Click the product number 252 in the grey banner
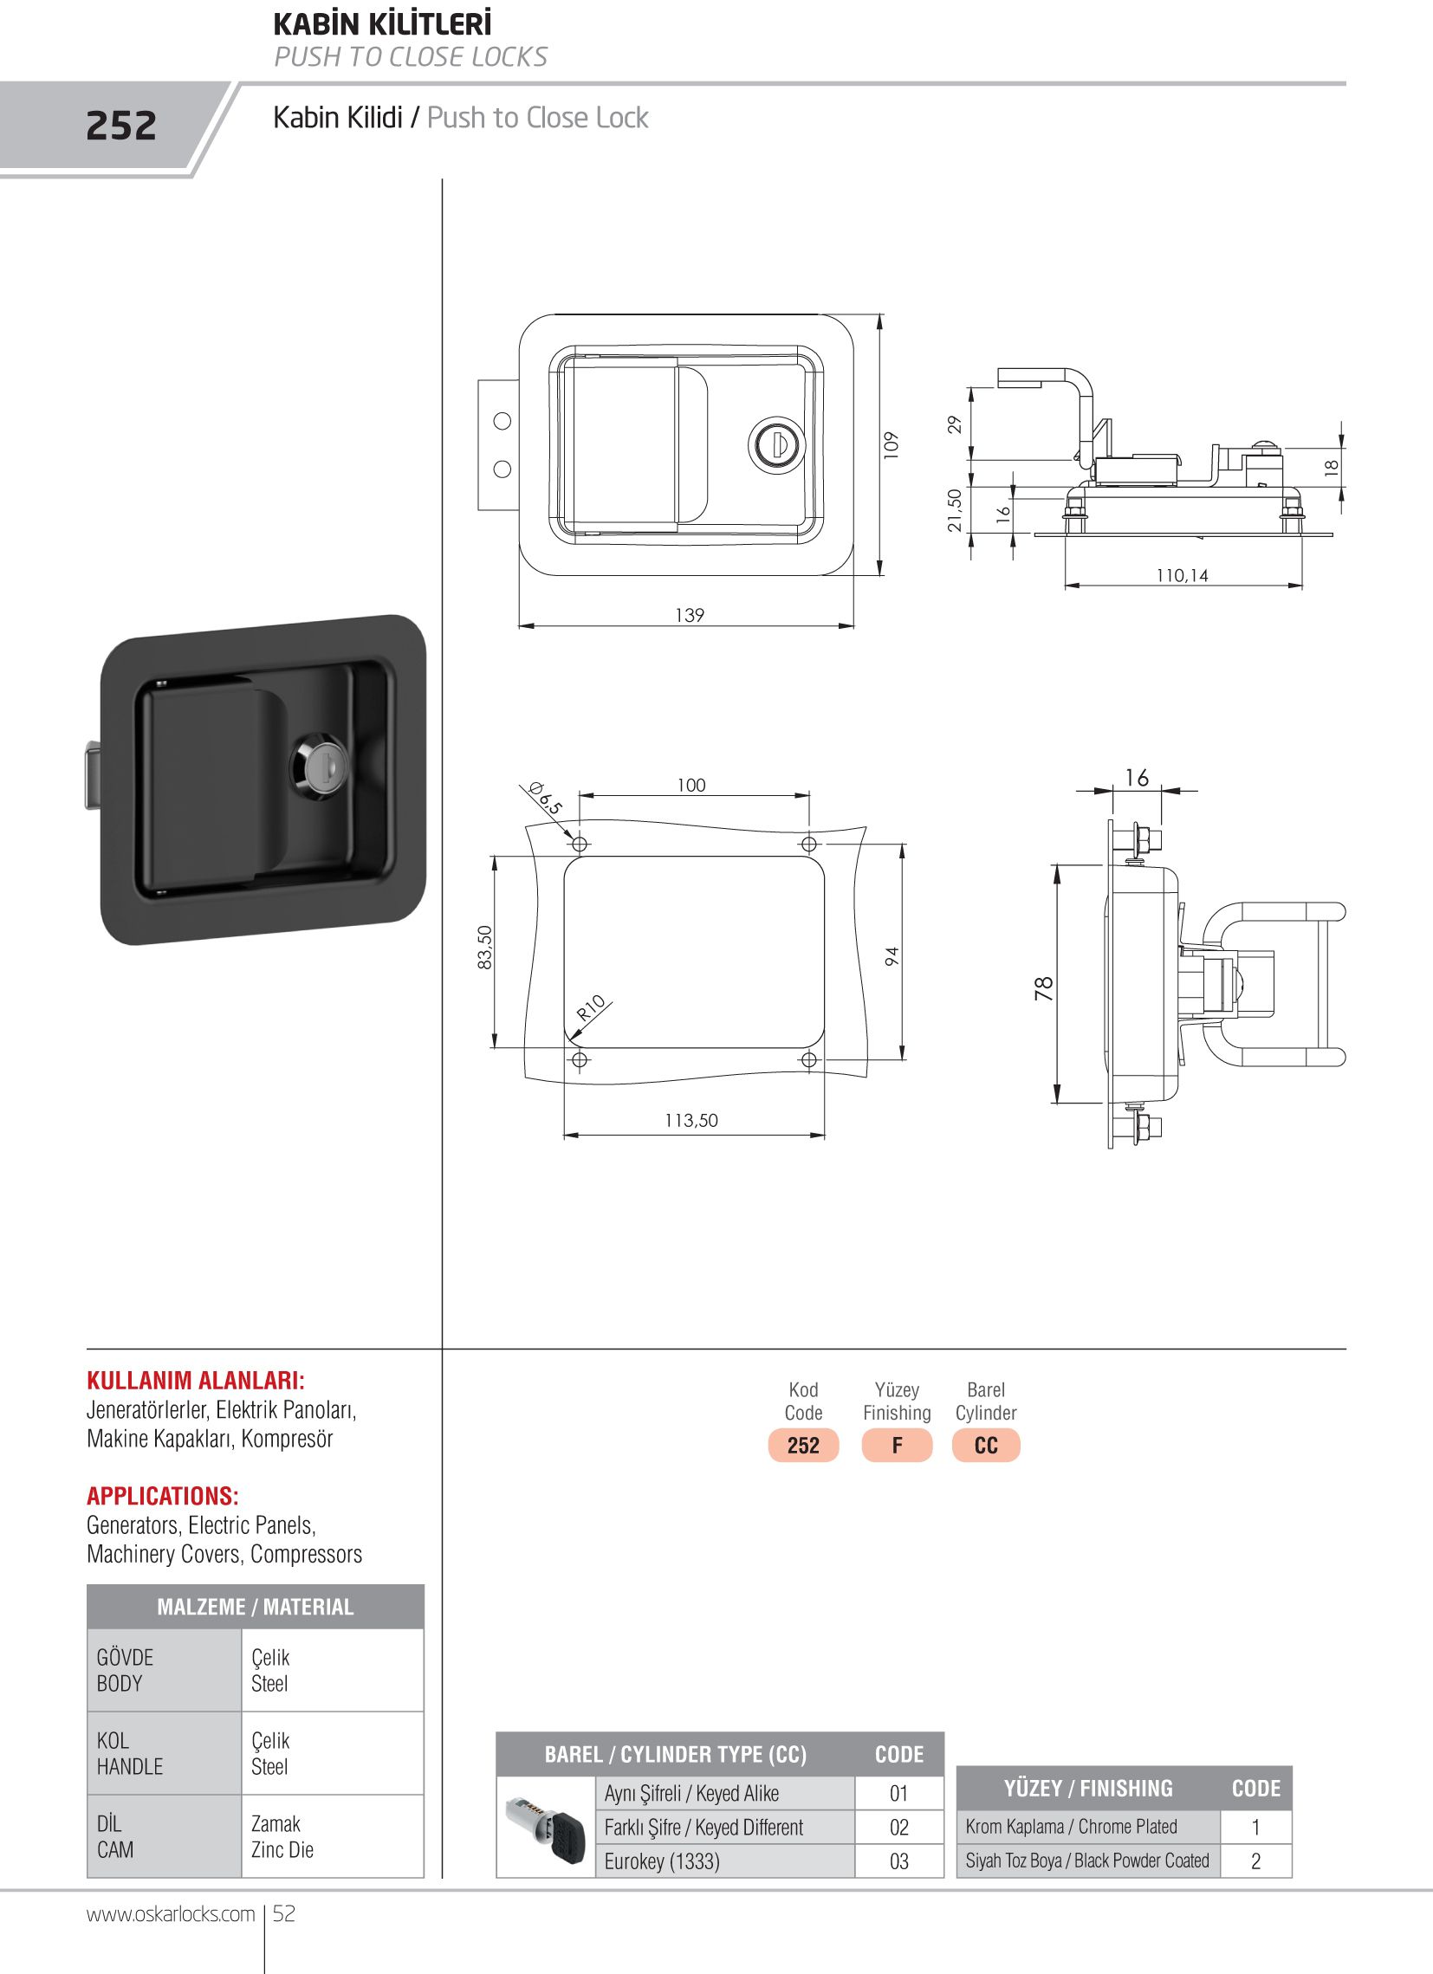tap(121, 126)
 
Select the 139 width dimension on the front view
tap(690, 615)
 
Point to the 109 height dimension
tap(890, 444)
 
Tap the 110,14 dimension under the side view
tap(1183, 575)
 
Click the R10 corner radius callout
tap(591, 1007)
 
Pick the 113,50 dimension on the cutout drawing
tap(691, 1120)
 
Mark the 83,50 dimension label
tap(485, 947)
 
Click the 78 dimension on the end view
tap(1044, 988)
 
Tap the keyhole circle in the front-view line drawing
tap(776, 443)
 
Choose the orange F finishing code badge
tap(897, 1446)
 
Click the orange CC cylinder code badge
tap(986, 1446)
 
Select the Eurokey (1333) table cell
tap(662, 1861)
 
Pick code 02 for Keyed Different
tap(898, 1828)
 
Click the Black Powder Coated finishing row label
tap(1087, 1861)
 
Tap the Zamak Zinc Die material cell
tap(282, 1836)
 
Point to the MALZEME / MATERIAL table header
tap(255, 1607)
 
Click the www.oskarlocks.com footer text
tap(171, 1914)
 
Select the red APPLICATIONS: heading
tap(163, 1496)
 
